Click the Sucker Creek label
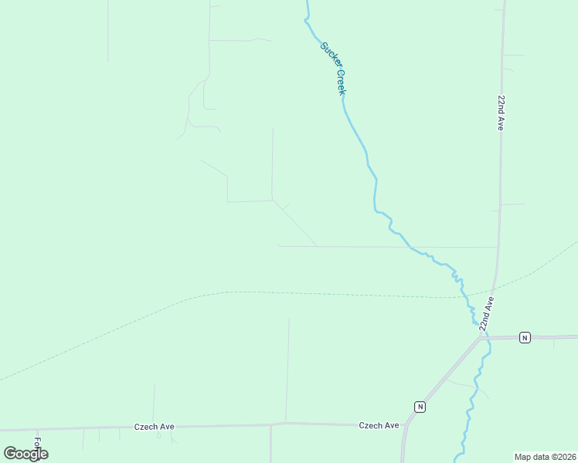tap(334, 68)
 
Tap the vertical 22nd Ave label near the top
tap(501, 113)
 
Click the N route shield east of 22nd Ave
tap(525, 337)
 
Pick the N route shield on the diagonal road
tap(420, 406)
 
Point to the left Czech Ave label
tap(153, 426)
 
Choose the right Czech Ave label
tap(379, 425)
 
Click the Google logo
tap(25, 453)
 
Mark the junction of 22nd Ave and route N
tap(480, 338)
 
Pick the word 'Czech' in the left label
tap(146, 426)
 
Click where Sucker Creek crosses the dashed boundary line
tap(465, 296)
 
